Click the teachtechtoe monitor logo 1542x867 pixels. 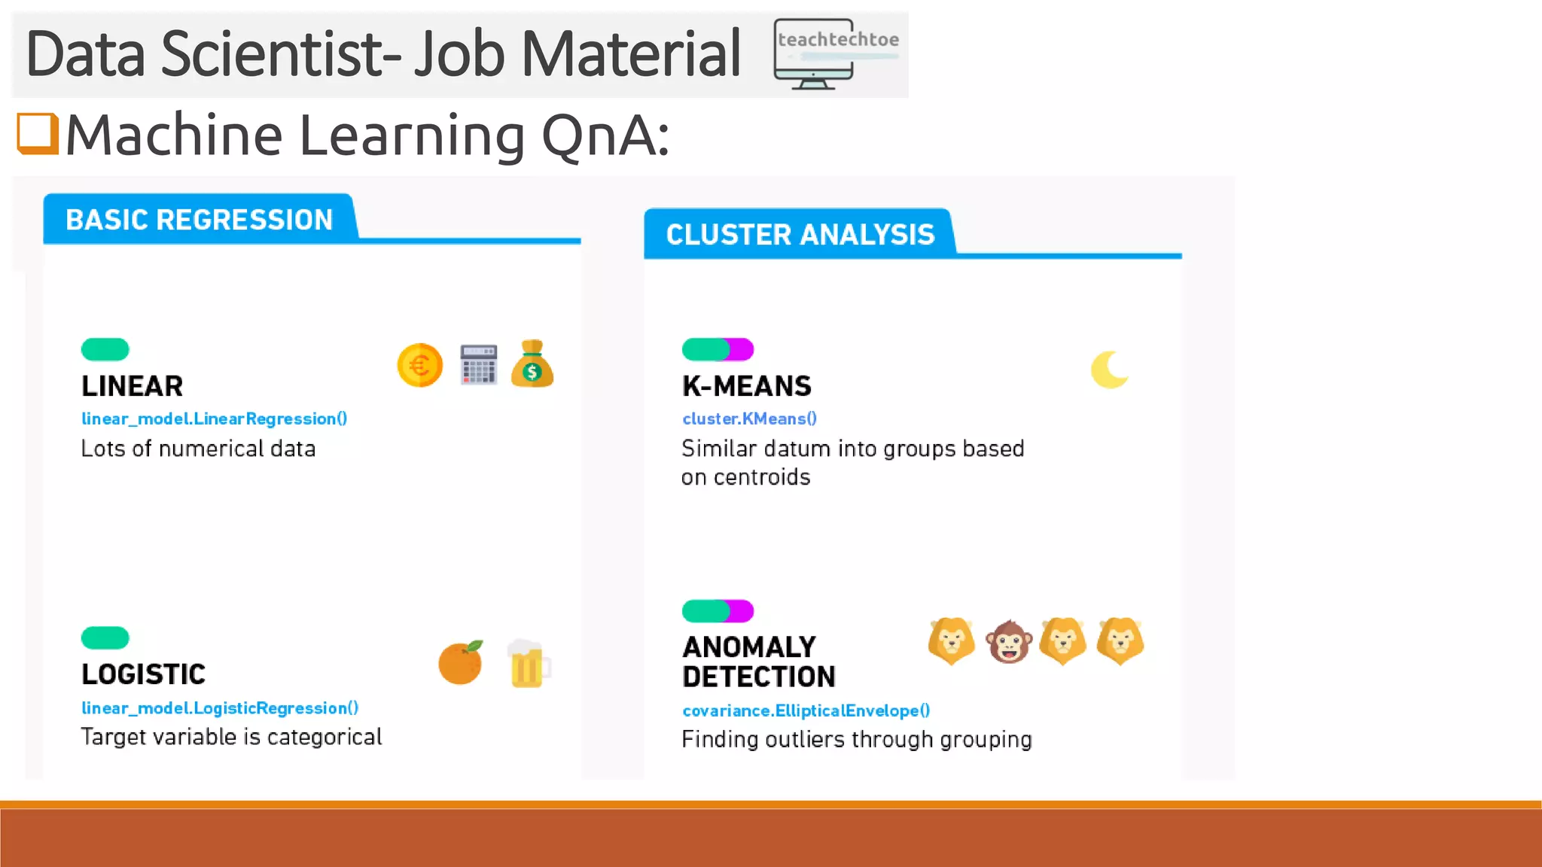click(836, 54)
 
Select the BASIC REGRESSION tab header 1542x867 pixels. click(199, 220)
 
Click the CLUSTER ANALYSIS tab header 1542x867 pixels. click(800, 235)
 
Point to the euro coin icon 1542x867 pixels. click(419, 366)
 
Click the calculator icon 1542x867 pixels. click(479, 365)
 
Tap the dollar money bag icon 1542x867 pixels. click(532, 364)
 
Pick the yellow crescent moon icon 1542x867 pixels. click(1109, 370)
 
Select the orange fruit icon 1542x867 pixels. click(460, 662)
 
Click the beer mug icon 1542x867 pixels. click(528, 664)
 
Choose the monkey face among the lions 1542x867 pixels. click(1009, 642)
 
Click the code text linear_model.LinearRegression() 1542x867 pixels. click(215, 419)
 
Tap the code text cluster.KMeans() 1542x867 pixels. click(749, 419)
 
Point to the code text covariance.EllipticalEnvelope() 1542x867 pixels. click(806, 710)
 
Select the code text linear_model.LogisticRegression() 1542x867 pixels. click(220, 708)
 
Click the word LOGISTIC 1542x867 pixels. click(143, 674)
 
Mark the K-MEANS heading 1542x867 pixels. click(746, 386)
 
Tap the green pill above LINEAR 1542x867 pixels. click(105, 349)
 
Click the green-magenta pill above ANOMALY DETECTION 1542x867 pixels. click(718, 610)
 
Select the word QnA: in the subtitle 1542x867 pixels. click(605, 135)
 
